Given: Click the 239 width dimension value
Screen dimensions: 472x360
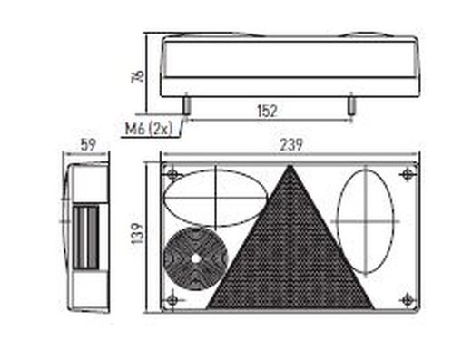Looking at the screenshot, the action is coord(290,145).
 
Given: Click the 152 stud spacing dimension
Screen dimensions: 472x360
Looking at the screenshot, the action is coord(267,111).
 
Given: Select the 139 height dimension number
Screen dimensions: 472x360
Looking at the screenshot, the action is coord(138,233).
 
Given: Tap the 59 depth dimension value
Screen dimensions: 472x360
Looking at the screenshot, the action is coord(88,145).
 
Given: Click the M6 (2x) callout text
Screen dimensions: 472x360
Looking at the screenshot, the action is coord(149,130).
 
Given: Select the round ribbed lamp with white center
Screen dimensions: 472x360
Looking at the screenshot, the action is coord(195,258).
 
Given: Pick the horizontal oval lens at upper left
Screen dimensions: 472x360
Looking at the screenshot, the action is coord(215,199).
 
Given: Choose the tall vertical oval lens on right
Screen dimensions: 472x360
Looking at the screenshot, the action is coord(366,221).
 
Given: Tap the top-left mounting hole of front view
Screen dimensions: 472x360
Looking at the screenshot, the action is coord(172,174).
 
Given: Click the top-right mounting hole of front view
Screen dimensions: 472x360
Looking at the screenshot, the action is coord(408,174).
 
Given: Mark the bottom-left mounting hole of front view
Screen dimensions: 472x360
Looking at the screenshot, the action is coord(172,300).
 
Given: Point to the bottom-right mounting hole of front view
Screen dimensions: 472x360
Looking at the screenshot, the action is coord(408,300).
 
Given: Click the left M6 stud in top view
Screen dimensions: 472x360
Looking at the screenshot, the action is coord(187,105).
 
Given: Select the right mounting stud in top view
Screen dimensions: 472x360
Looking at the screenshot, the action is coord(351,105).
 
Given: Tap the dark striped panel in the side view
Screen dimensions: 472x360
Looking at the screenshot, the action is coord(86,238).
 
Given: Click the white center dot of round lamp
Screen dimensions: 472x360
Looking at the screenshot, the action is coord(195,258).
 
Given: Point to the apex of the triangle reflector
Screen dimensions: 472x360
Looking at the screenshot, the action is coord(290,165).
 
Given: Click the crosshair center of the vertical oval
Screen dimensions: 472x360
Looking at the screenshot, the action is coord(366,221).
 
